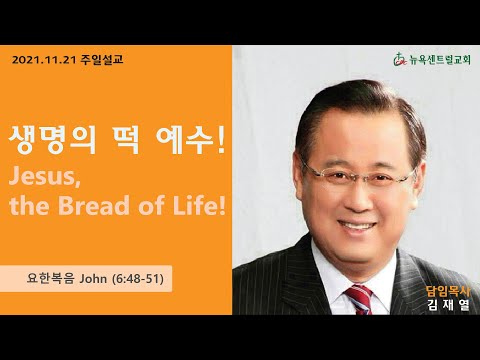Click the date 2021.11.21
[x=44, y=60]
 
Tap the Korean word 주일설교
[x=102, y=60]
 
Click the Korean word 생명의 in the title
[x=52, y=140]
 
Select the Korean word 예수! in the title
[x=191, y=140]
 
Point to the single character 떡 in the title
[x=125, y=140]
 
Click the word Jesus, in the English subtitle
[x=44, y=177]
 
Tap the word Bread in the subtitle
[x=94, y=206]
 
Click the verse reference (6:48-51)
[x=138, y=279]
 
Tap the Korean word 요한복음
[x=51, y=278]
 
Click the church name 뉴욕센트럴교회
[x=440, y=60]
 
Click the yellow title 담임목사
[x=448, y=292]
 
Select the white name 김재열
[x=448, y=305]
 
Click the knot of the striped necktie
[x=359, y=295]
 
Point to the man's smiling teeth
[x=357, y=227]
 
